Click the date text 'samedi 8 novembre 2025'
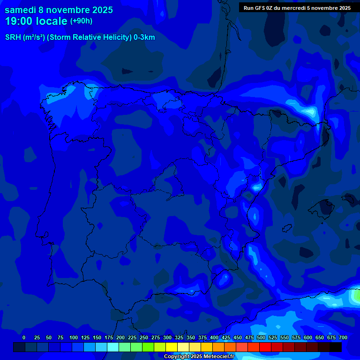coord(59,10)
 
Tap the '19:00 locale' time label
coord(36,21)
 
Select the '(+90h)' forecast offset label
coord(81,21)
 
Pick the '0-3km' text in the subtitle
coord(144,37)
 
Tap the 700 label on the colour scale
coord(343,337)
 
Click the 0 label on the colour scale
coord(24,337)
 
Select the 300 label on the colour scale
coord(167,337)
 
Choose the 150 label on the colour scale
coord(97,337)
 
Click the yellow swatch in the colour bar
coord(172,347)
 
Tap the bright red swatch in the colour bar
coord(265,347)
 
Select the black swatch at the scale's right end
coord(336,347)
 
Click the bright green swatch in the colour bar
coord(148,347)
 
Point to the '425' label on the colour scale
coord(226,337)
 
